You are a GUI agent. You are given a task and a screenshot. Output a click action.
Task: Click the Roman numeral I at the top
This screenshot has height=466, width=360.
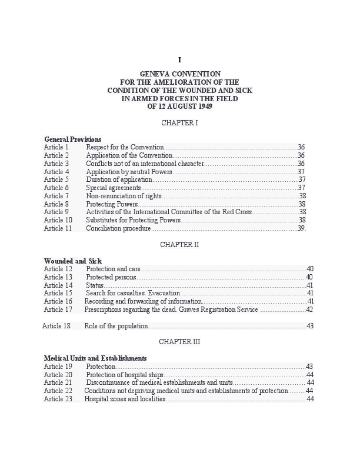[x=179, y=60]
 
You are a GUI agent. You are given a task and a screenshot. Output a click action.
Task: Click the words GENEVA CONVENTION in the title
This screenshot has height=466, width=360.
[x=180, y=74]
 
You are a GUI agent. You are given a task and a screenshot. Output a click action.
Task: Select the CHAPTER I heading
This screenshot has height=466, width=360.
[x=179, y=123]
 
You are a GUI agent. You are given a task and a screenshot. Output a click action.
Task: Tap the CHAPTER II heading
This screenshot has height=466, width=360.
[x=179, y=245]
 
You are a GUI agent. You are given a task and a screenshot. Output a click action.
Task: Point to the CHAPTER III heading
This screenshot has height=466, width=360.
[x=179, y=341]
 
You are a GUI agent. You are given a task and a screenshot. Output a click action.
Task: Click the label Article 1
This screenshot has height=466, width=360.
[x=56, y=147]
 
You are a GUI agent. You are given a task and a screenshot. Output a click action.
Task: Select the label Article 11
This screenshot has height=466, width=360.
[x=58, y=228]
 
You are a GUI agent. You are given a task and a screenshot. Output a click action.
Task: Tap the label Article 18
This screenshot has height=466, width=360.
[x=56, y=326]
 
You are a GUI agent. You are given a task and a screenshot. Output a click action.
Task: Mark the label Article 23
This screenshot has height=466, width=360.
[x=58, y=399]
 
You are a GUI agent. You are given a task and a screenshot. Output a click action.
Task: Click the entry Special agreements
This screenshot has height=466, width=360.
[x=114, y=188]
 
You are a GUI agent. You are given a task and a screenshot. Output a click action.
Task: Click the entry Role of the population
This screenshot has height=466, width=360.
[x=116, y=326]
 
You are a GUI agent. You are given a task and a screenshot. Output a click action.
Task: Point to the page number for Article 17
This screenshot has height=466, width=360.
[x=309, y=309]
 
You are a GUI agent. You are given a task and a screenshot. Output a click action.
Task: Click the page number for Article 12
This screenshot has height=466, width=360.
[x=310, y=269]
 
